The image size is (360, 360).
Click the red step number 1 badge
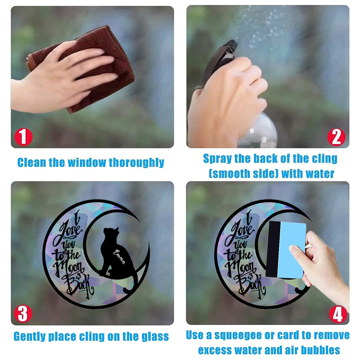23,137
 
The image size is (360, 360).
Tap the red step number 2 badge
336,137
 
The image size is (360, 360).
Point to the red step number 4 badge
338,314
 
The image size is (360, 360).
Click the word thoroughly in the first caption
136,163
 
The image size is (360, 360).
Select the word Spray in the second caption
217,159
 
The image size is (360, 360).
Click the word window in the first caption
87,162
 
